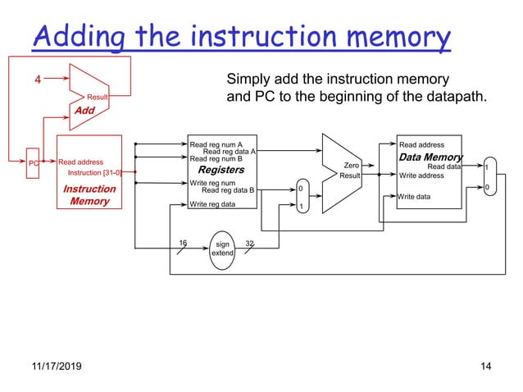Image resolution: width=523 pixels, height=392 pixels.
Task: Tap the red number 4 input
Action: [x=36, y=80]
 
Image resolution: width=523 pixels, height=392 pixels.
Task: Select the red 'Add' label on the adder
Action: [x=86, y=109]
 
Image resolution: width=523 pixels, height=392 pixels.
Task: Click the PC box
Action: [x=34, y=162]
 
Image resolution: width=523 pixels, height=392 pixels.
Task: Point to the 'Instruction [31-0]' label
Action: [x=94, y=173]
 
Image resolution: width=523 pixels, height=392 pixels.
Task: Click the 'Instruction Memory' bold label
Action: [x=89, y=195]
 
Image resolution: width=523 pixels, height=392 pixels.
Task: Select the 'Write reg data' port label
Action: [x=211, y=203]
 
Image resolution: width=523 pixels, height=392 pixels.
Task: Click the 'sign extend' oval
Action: [x=222, y=248]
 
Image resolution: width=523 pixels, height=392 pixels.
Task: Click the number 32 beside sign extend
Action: [x=251, y=243]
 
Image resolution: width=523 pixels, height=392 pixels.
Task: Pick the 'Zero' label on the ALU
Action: [x=352, y=165]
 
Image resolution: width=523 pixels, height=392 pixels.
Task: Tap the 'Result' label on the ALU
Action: [x=350, y=175]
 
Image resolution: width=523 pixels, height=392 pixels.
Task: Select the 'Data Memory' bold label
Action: [x=430, y=157]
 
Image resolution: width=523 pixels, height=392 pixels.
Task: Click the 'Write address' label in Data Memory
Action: [x=422, y=175]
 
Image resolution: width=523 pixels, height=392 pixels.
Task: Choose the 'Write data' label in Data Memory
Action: [x=414, y=197]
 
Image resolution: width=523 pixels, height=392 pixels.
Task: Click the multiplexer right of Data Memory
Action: [x=489, y=177]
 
